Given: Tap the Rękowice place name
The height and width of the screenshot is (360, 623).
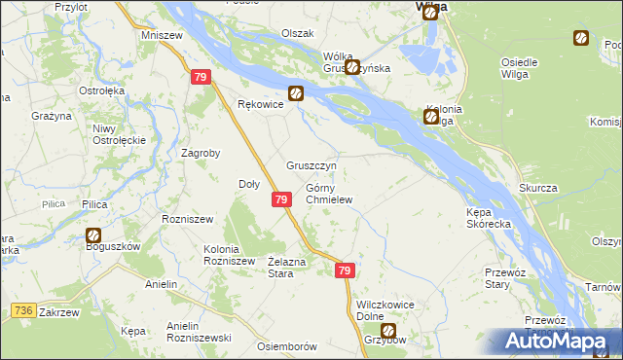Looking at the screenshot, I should tap(260, 104).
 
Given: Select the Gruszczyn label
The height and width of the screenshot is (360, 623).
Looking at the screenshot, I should tap(311, 165).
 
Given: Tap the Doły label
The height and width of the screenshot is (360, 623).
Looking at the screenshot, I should tap(249, 183).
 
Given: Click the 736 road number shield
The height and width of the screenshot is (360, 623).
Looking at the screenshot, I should tap(26, 309).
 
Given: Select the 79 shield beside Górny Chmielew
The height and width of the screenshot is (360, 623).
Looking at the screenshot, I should tap(280, 199).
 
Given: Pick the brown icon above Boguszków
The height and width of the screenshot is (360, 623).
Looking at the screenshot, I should tap(93, 234).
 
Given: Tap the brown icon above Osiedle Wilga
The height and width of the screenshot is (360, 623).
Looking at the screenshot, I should tap(580, 39).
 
